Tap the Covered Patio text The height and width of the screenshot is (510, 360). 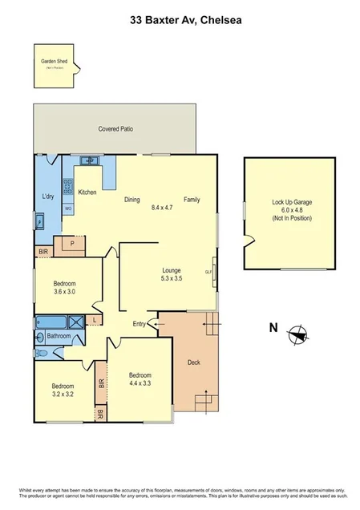click(x=115, y=128)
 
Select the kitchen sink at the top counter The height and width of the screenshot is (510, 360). click(x=90, y=161)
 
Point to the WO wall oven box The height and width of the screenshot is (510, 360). click(x=68, y=208)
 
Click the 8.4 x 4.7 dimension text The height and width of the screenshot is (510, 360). click(x=162, y=208)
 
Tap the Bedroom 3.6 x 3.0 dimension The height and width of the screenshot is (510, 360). click(x=66, y=292)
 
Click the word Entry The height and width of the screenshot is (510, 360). click(x=140, y=324)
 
